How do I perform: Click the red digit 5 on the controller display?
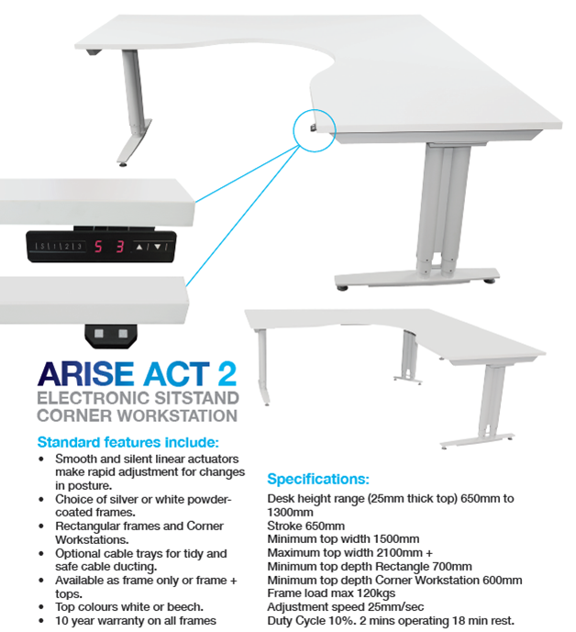tap(98, 246)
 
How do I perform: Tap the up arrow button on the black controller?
tap(139, 247)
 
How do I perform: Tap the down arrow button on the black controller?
tap(158, 247)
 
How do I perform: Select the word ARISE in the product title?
tap(85, 374)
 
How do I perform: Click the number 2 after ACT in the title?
tap(227, 374)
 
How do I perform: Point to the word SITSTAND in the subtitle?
tap(197, 398)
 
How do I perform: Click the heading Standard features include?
tap(127, 442)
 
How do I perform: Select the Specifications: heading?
tap(318, 479)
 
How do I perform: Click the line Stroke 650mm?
tap(305, 526)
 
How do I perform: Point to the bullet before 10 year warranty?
tap(41, 621)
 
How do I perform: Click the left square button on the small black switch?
tap(99, 333)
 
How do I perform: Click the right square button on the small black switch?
tap(123, 333)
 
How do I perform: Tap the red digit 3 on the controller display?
tap(120, 246)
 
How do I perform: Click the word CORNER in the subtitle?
tap(74, 416)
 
